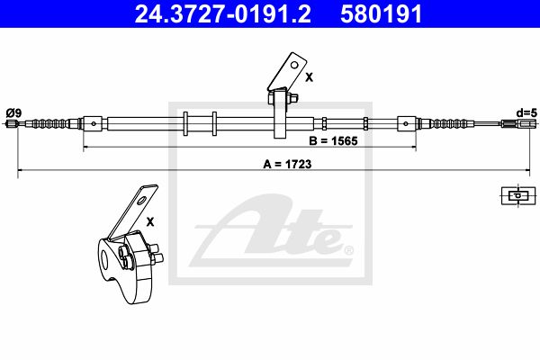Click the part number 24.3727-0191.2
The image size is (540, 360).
click(222, 13)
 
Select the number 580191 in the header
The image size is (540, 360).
click(382, 13)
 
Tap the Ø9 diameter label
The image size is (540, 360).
click(13, 112)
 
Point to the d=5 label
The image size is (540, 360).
click(526, 112)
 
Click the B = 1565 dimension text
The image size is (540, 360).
click(333, 141)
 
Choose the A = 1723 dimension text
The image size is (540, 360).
click(287, 165)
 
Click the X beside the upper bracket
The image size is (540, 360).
click(309, 78)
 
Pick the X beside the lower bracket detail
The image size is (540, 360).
click(150, 222)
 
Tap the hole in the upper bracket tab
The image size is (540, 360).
click(294, 65)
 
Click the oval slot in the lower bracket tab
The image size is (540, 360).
click(142, 200)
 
